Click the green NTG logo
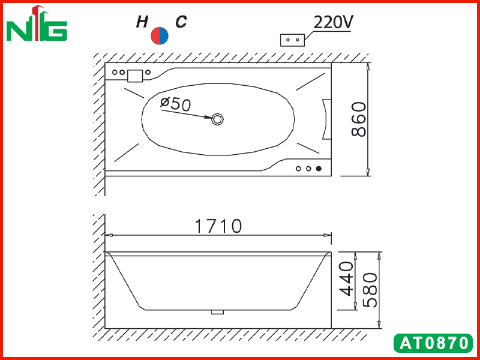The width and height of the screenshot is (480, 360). click(x=37, y=23)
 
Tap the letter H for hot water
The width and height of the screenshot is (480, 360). click(x=142, y=22)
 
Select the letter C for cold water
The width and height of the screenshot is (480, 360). click(x=181, y=22)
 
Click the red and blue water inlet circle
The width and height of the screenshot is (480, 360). click(x=160, y=35)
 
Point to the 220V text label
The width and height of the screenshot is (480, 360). click(x=334, y=22)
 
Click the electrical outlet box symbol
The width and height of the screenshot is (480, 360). click(x=292, y=40)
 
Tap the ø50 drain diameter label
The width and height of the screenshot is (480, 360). click(x=176, y=103)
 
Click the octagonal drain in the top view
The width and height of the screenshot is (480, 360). click(x=218, y=119)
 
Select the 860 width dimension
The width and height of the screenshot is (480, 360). click(x=359, y=119)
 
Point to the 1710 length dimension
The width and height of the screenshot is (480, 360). click(x=218, y=226)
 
